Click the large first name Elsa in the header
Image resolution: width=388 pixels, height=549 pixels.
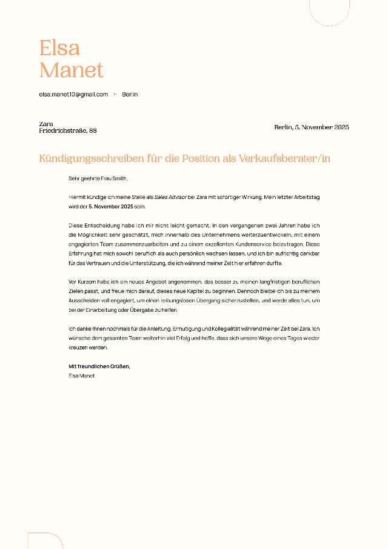point(59,47)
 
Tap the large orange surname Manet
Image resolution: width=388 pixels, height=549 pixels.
point(72,70)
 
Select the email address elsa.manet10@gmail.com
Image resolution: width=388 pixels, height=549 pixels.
point(73,94)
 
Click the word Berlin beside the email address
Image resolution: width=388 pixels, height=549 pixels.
point(130,94)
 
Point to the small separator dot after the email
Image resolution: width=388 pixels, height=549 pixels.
point(115,94)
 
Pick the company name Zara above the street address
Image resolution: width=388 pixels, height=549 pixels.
point(46,124)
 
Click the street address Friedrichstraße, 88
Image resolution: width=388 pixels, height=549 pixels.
point(68,130)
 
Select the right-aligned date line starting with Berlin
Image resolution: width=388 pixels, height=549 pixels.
point(312,127)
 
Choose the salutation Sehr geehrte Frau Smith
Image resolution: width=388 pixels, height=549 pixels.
point(98,178)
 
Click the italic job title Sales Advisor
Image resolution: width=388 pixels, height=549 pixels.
point(170,197)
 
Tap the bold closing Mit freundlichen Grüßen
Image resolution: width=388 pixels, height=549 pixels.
point(99,366)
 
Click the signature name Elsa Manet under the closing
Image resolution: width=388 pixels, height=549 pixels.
point(82,376)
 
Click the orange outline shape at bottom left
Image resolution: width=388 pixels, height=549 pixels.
point(45,540)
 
